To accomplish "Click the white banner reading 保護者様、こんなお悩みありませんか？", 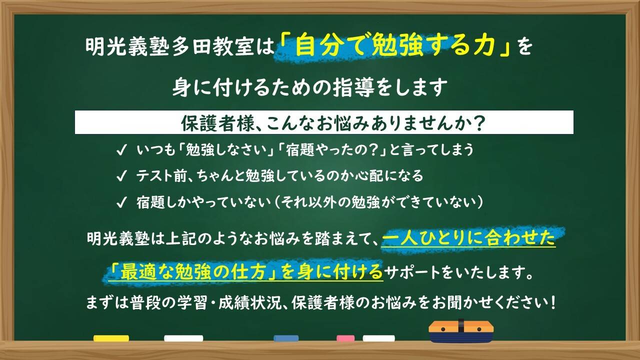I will click(324, 123).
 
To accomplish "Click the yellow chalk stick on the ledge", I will click(111, 338).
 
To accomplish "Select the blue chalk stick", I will click(286, 338).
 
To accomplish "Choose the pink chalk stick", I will click(345, 338).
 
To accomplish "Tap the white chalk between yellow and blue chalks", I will click(183, 338).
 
